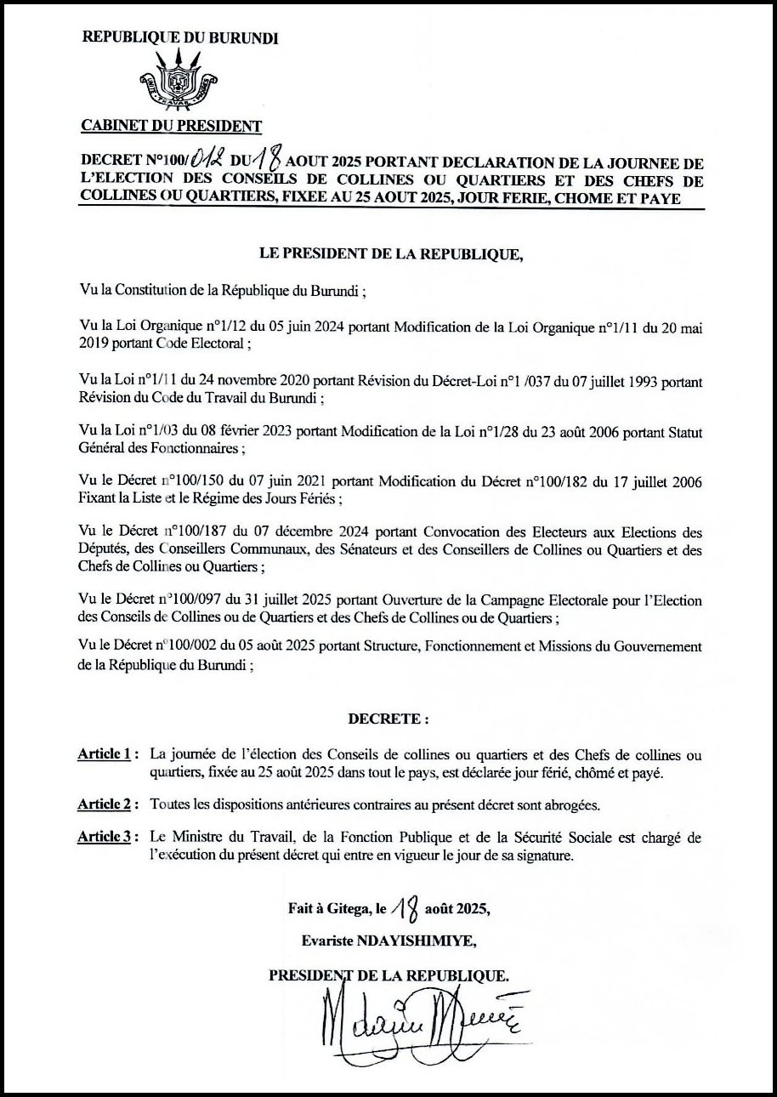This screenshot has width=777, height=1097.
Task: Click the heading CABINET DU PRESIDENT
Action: (x=171, y=127)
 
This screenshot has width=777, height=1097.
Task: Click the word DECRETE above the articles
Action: (x=386, y=719)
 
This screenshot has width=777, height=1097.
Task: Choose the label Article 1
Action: (x=103, y=754)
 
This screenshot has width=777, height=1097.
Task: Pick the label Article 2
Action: (x=103, y=804)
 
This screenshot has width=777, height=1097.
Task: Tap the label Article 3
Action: (x=103, y=838)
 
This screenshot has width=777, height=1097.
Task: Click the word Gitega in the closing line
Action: (x=349, y=909)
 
